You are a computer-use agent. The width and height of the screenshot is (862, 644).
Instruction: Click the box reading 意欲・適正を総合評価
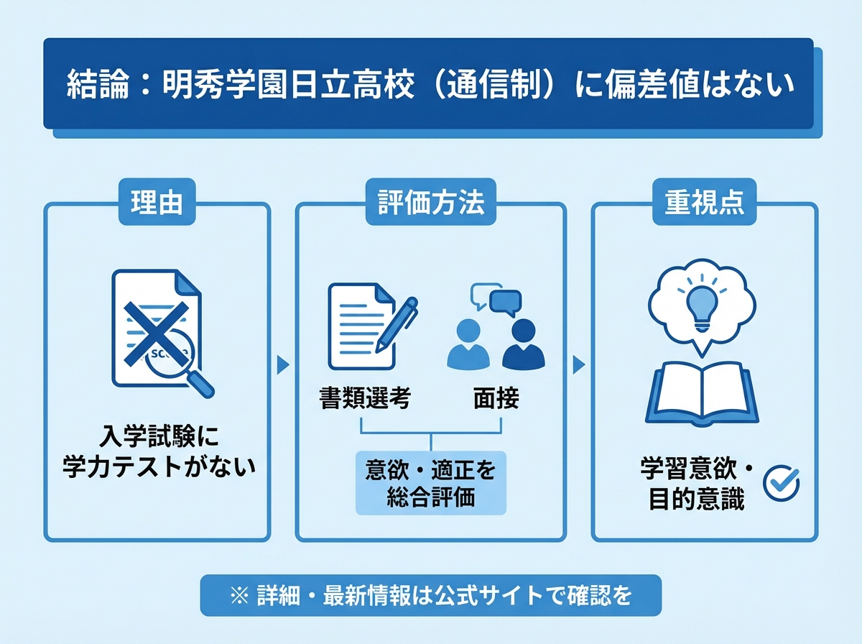pos(430,483)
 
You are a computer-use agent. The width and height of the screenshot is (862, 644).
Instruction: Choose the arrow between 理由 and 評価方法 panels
pos(283,365)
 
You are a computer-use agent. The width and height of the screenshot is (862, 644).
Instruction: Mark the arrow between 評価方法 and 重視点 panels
pos(578,365)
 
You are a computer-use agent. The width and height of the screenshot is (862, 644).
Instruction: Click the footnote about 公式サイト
pos(430,596)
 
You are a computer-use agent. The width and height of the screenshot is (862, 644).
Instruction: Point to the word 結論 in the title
pos(90,85)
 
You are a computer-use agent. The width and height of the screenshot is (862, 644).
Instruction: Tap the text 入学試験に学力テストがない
pos(158,452)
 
